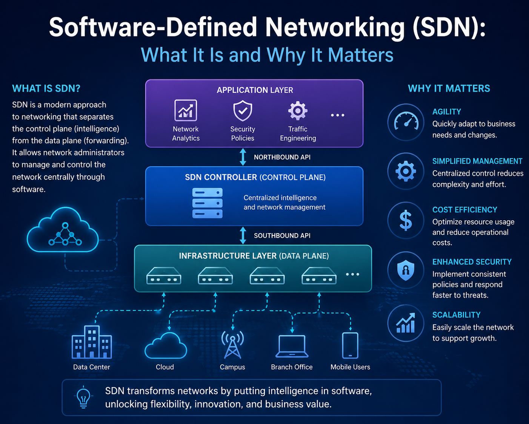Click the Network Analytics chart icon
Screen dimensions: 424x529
(x=186, y=110)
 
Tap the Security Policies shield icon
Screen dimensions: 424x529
(x=243, y=110)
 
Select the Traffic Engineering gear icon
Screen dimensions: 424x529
(x=298, y=110)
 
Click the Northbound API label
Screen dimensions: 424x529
(x=282, y=157)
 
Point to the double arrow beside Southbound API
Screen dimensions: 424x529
(x=243, y=235)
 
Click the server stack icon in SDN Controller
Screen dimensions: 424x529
(x=207, y=203)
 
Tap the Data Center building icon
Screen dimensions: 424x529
(x=92, y=342)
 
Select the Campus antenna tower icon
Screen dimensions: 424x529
(x=232, y=344)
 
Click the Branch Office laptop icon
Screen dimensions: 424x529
(x=292, y=346)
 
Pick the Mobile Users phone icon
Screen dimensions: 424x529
(x=350, y=345)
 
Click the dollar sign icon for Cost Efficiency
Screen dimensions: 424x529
(x=406, y=221)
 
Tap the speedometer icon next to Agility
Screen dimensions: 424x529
(x=406, y=122)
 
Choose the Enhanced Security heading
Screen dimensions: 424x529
(x=472, y=262)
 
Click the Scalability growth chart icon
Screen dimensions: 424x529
(x=406, y=323)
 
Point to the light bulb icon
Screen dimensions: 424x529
(x=83, y=398)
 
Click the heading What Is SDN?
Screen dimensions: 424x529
(x=46, y=88)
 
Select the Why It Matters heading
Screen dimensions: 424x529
(x=449, y=88)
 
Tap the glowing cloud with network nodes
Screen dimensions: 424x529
(x=63, y=230)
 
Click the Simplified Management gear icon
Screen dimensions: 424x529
(x=406, y=171)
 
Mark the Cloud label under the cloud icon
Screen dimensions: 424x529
(x=165, y=367)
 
